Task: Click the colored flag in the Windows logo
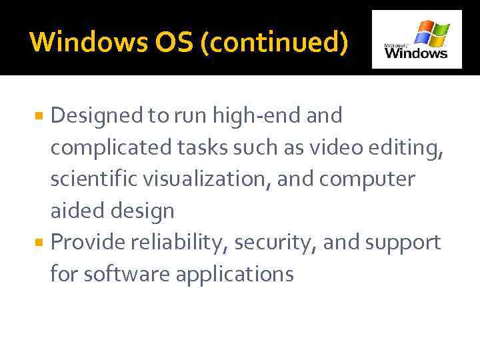pyautogui.click(x=431, y=31)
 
